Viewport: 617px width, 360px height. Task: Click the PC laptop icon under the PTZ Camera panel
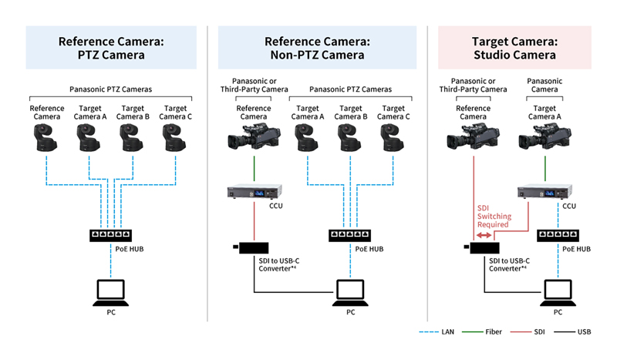110,293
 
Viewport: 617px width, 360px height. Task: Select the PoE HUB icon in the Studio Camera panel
558,235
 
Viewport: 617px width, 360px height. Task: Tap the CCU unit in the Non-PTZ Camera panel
255,192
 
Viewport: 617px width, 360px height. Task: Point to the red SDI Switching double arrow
484,235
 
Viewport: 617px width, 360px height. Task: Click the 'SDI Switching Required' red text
494,217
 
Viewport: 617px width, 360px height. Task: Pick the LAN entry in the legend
437,332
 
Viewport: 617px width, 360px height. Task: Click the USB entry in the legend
572,332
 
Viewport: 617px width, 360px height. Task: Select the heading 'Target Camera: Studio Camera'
514,48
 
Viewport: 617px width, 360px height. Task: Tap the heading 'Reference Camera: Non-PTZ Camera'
317,48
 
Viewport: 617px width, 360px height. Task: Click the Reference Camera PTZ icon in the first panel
46,137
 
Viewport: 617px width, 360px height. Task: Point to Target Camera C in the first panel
175,137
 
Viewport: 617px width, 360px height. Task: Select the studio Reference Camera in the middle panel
254,136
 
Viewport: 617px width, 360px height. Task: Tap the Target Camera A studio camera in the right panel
545,136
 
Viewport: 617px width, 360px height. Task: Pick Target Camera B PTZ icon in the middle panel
350,137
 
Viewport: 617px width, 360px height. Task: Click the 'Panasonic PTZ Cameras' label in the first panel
110,89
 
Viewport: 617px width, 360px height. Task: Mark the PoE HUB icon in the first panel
110,235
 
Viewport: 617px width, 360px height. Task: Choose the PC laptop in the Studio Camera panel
558,293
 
